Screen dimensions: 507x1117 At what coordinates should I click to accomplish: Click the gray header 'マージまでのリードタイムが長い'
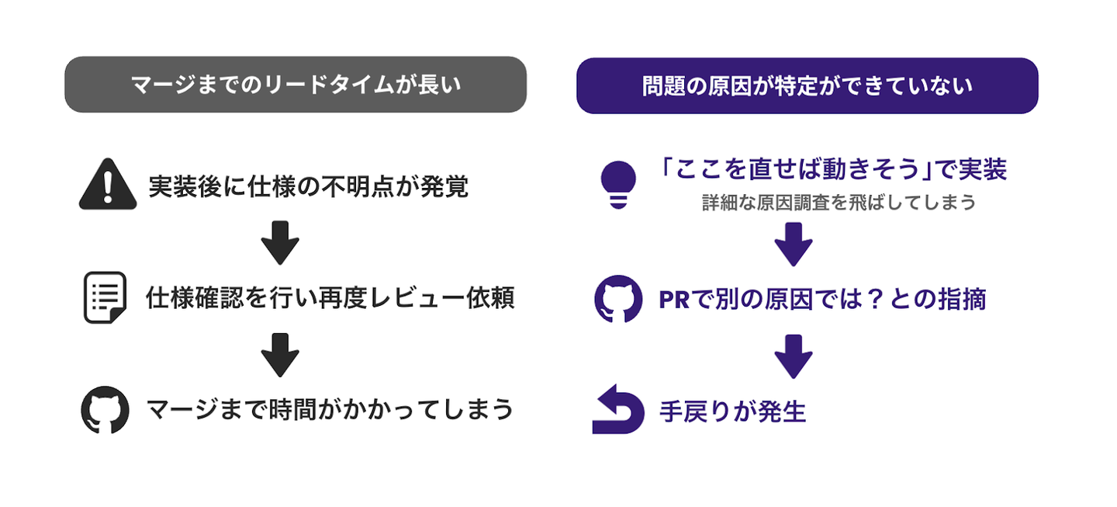pos(296,85)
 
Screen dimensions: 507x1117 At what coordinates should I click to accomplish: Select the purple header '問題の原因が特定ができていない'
pos(807,85)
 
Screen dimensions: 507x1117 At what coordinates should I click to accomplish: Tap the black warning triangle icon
pos(108,185)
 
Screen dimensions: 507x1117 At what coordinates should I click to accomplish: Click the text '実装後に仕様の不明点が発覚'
pos(308,186)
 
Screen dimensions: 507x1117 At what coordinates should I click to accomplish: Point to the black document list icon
pos(105,297)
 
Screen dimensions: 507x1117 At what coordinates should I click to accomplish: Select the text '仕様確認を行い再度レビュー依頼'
pos(330,299)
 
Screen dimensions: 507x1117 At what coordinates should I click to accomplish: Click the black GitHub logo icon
pos(105,409)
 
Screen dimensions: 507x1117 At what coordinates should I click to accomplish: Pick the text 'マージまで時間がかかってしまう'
pos(330,409)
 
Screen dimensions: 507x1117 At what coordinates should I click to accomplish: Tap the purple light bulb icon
pos(618,184)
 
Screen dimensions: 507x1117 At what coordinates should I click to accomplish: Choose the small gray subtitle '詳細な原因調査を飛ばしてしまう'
pos(839,203)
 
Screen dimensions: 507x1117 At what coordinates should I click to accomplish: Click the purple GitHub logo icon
pos(618,299)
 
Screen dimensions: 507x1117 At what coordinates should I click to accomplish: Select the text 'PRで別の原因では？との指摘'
pos(822,299)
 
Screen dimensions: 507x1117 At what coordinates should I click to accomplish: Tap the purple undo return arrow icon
pos(617,409)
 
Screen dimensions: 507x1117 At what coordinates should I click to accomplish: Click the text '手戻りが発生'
pos(733,411)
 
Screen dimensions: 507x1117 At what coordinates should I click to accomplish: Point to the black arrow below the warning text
pos(280,242)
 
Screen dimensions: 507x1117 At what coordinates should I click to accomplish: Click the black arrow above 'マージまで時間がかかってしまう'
pos(280,354)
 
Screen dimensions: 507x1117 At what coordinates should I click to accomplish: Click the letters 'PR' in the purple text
pos(674,300)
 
